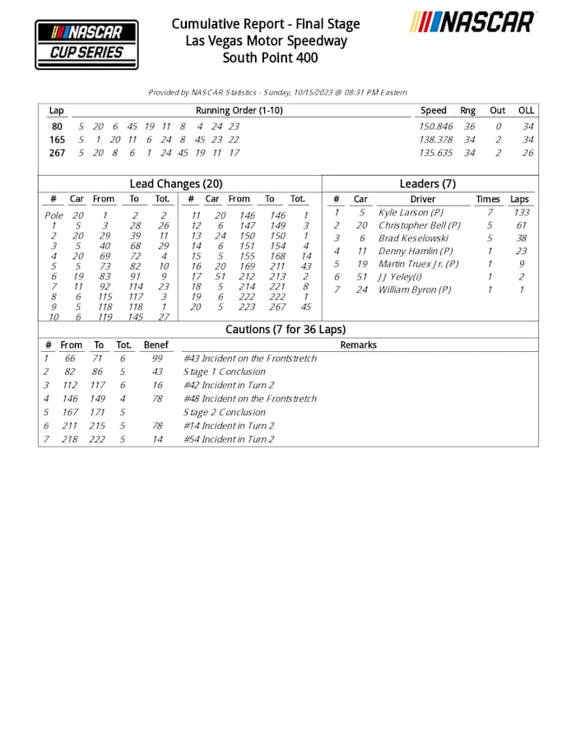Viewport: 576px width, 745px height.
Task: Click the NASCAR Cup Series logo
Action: (86, 44)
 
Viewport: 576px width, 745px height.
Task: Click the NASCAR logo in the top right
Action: (473, 22)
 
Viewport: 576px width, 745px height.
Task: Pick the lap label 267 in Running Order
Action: (57, 153)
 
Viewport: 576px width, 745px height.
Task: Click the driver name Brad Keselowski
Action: (413, 238)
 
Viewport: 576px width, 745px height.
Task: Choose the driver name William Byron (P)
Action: (415, 290)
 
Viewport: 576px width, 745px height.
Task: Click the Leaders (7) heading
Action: (427, 184)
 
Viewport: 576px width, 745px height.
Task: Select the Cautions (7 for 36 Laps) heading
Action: (286, 330)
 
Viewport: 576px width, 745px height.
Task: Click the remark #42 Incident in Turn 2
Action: (228, 385)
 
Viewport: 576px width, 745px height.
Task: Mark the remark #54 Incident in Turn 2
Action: (228, 439)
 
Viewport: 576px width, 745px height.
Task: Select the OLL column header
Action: (526, 111)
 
